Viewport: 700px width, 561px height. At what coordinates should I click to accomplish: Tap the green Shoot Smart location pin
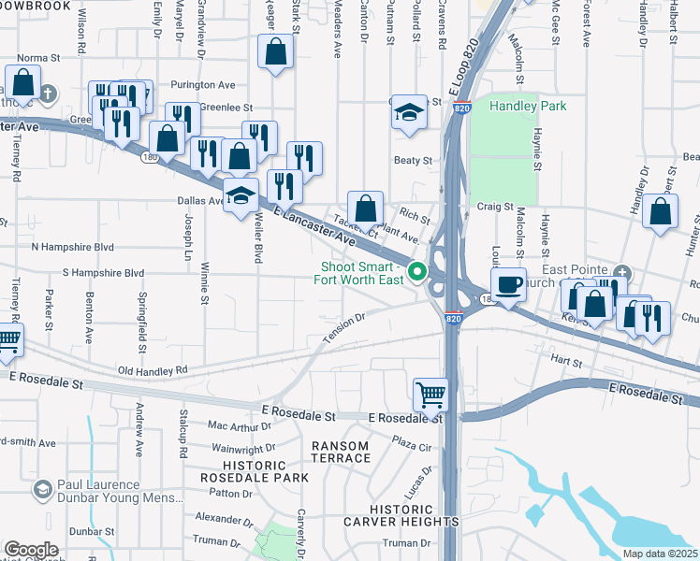point(420,273)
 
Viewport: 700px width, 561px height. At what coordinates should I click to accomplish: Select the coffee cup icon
point(507,283)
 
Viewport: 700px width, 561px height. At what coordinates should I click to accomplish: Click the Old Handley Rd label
point(153,370)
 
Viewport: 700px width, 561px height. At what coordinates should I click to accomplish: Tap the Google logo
point(31,549)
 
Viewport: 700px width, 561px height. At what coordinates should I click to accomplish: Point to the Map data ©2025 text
point(661,554)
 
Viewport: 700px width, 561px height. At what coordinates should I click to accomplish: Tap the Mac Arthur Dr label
point(240,424)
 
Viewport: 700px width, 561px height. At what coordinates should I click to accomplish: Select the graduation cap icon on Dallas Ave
point(241,196)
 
